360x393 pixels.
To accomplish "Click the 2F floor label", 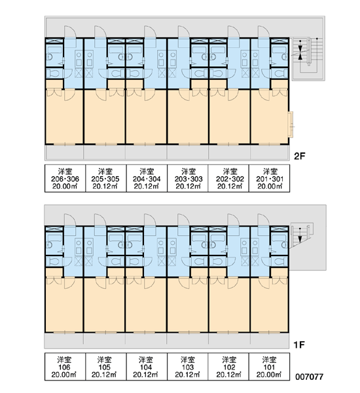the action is point(299,157).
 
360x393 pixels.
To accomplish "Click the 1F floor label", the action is point(299,345).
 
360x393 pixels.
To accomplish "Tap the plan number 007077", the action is point(309,377).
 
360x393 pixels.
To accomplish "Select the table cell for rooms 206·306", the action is point(65,178).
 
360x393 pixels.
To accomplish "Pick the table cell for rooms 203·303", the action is point(188,178).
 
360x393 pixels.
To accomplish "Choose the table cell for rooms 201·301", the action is point(269,178).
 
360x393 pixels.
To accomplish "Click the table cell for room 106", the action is point(65,367).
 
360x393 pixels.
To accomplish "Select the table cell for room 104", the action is point(147,367).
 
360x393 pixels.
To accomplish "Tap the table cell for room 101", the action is point(269,367).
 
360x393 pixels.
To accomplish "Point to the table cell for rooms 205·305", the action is point(106,178).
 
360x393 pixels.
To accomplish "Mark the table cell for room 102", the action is point(228,367).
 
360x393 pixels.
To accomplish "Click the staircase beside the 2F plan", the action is point(308,59).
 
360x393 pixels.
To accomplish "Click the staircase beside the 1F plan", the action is point(302,235).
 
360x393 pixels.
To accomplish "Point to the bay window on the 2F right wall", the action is point(291,124).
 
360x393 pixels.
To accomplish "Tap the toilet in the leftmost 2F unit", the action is point(54,73).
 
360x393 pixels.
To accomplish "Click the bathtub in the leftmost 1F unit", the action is point(54,238).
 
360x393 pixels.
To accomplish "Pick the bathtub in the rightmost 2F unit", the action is point(279,49).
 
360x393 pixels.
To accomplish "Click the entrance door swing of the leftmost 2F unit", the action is point(70,32).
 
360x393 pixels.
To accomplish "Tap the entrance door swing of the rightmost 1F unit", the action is point(264,220).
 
